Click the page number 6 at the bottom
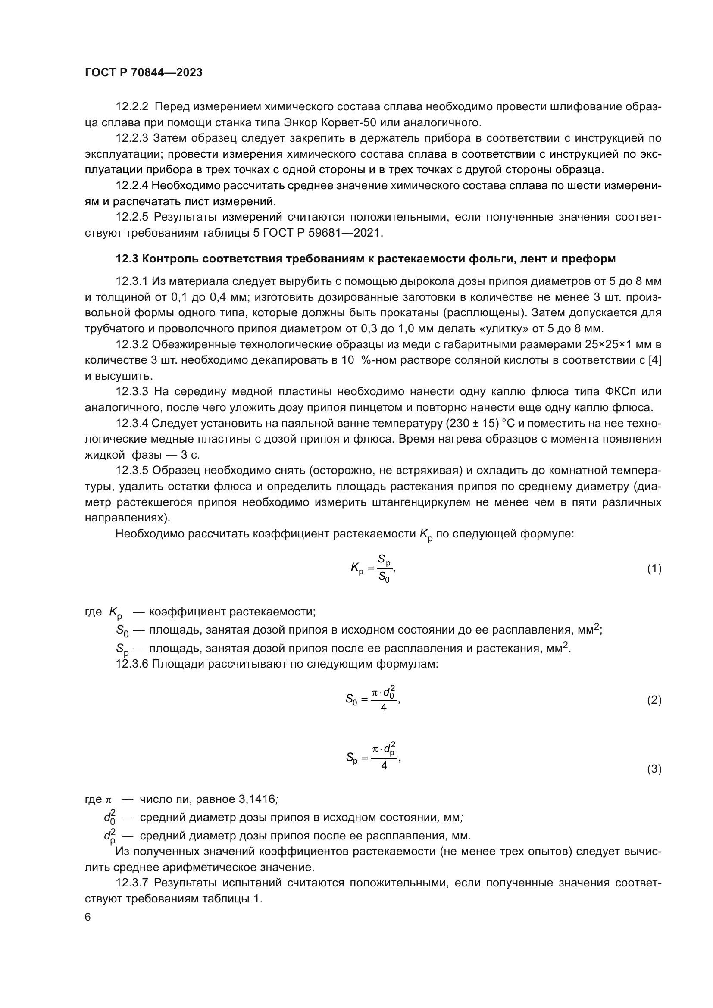click(88, 917)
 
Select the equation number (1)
click(654, 569)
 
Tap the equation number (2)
click(654, 700)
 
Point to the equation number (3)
click(654, 769)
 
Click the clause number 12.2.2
click(132, 107)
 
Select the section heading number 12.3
click(127, 259)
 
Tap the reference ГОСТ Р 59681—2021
click(322, 233)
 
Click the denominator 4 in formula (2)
click(383, 708)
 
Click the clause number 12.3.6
click(132, 664)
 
